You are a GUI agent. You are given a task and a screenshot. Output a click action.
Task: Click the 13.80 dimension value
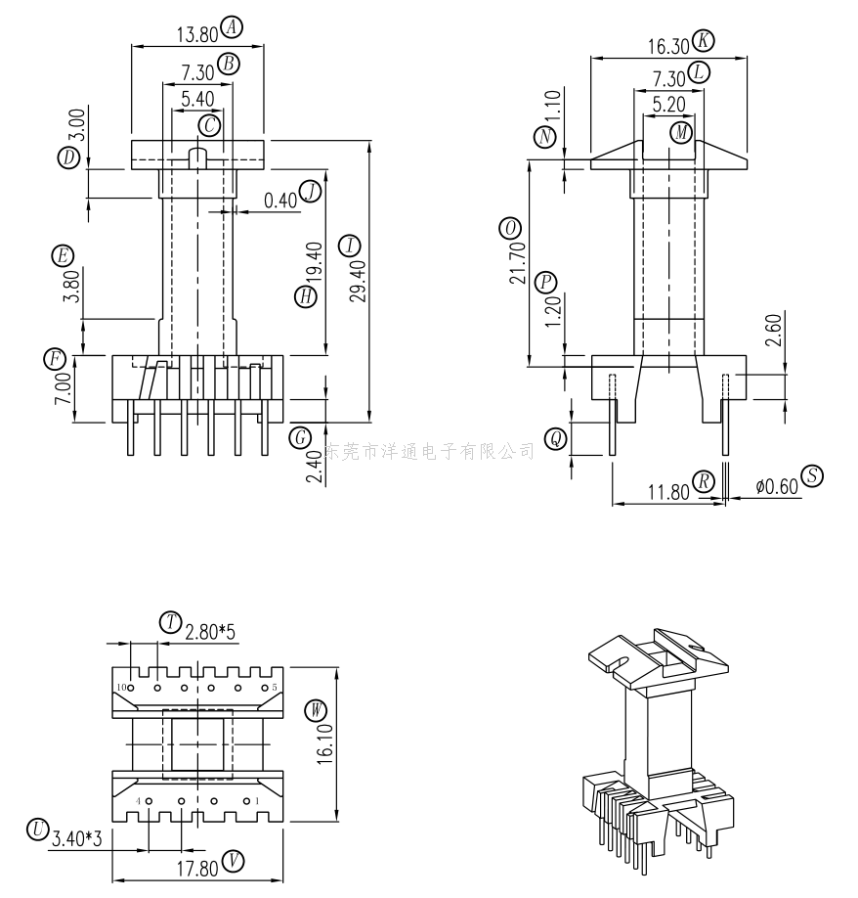(196, 34)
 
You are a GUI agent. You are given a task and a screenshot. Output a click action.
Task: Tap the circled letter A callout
(232, 27)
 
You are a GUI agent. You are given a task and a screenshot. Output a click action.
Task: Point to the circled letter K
(703, 41)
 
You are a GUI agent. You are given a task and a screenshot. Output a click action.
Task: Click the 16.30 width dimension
(668, 46)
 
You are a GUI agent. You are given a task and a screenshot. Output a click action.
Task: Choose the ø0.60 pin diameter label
(777, 486)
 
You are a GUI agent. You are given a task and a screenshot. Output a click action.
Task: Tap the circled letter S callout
(812, 476)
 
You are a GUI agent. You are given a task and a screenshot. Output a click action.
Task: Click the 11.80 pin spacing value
(668, 492)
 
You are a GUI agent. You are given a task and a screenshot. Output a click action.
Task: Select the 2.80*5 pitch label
(209, 632)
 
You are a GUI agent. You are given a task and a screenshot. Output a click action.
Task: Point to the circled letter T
(170, 622)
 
